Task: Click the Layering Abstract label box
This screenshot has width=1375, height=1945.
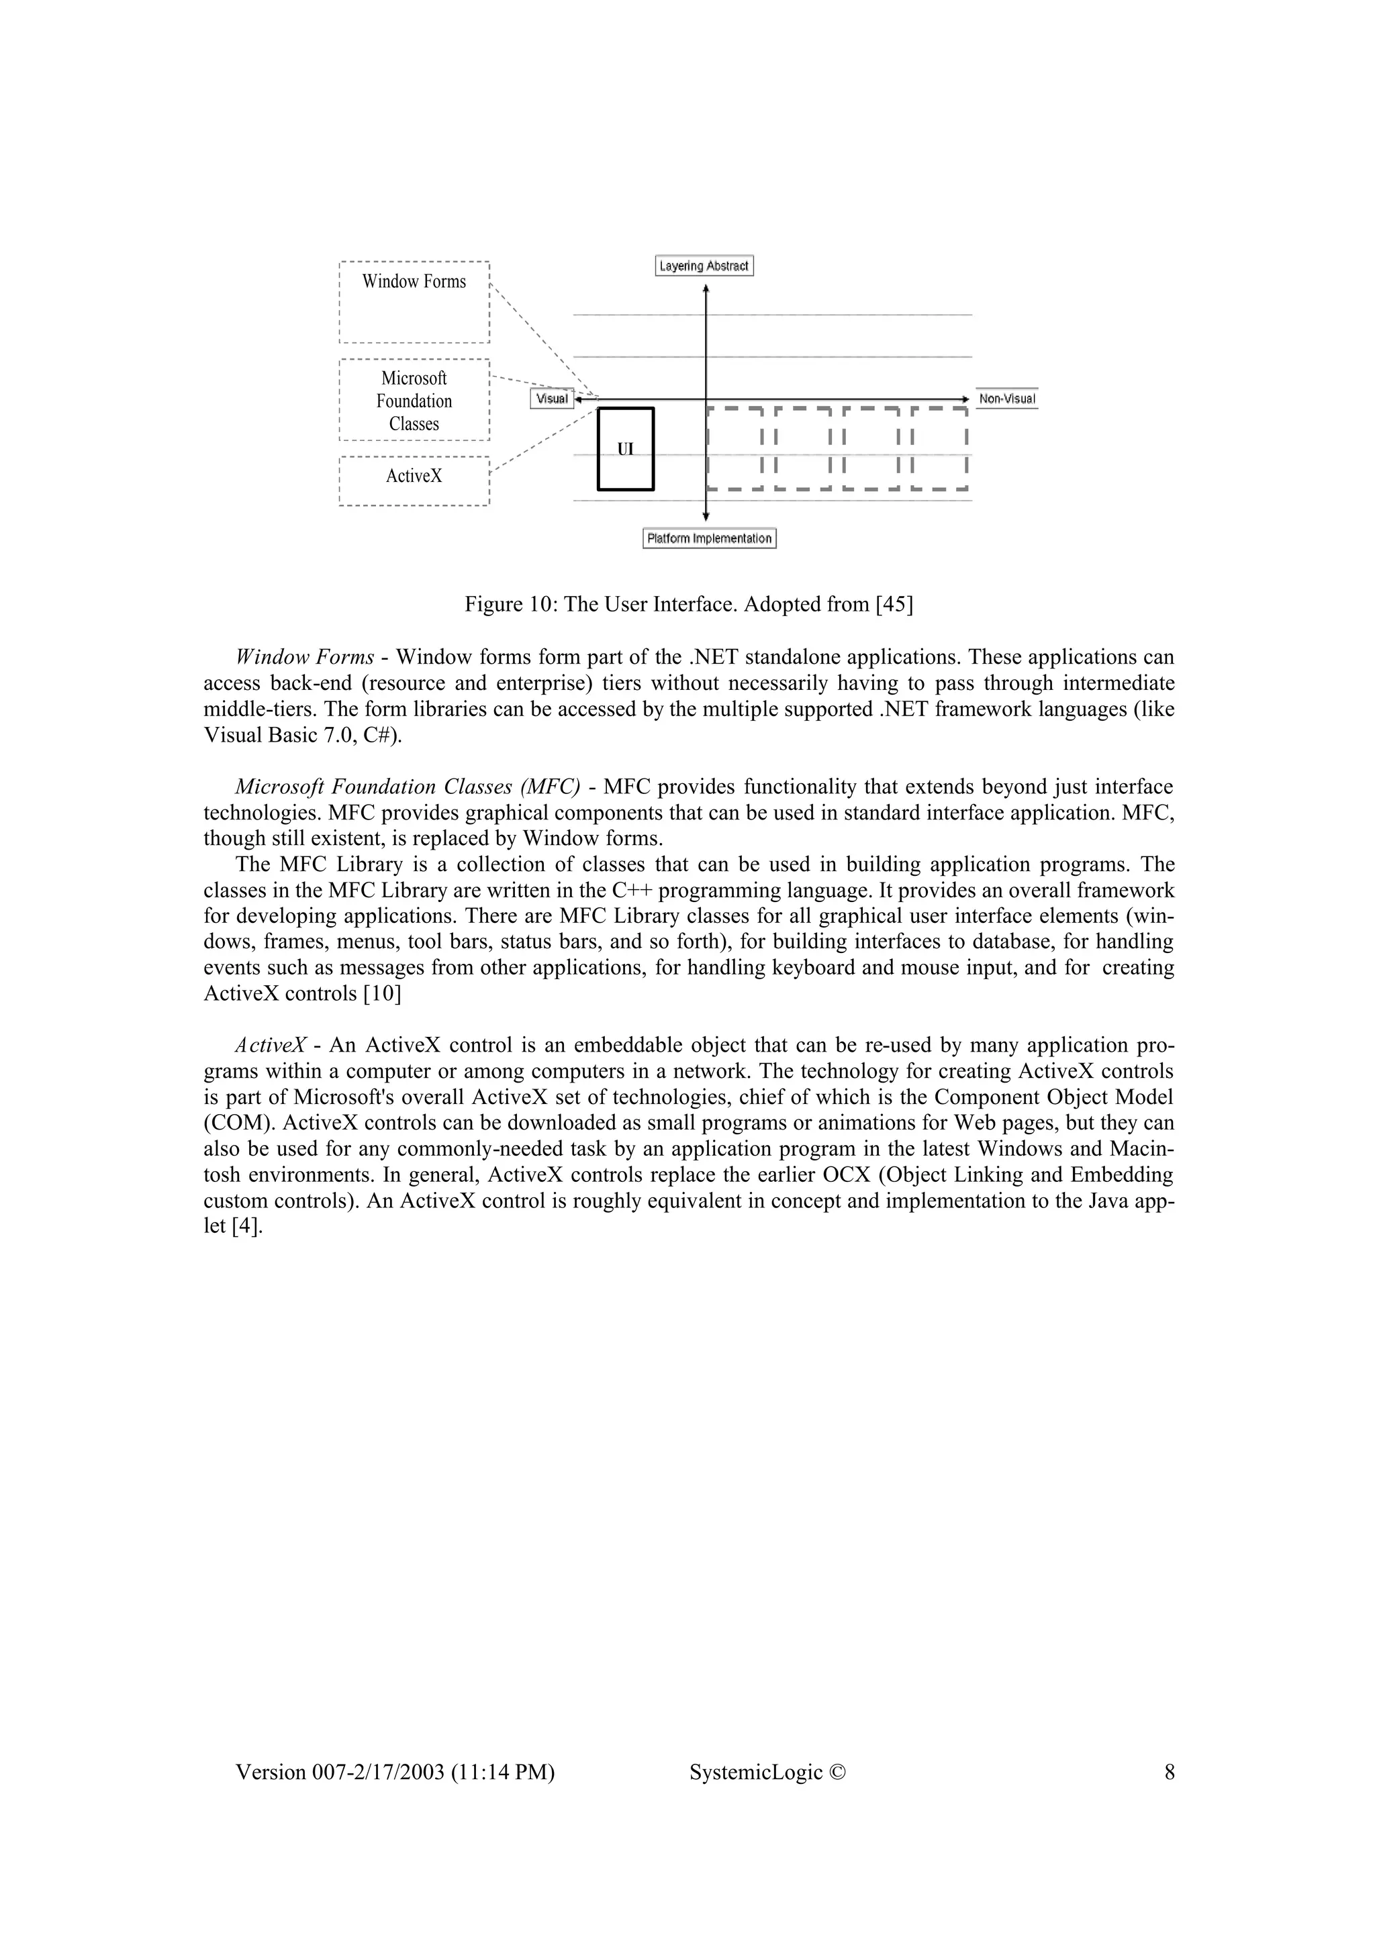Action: click(x=704, y=266)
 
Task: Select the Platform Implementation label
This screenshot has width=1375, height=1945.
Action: click(x=709, y=539)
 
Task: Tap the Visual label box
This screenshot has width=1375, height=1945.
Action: click(x=551, y=399)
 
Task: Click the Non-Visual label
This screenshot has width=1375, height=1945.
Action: click(x=1006, y=399)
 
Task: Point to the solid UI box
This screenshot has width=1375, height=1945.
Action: click(x=625, y=449)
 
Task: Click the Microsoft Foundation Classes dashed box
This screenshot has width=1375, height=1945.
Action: click(x=414, y=400)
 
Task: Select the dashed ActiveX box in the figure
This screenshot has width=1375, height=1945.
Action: click(x=414, y=481)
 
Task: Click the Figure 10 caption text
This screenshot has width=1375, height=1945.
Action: click(x=688, y=605)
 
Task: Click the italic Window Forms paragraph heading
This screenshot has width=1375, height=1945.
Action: click(x=304, y=657)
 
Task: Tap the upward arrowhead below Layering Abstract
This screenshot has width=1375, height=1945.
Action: click(x=706, y=289)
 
